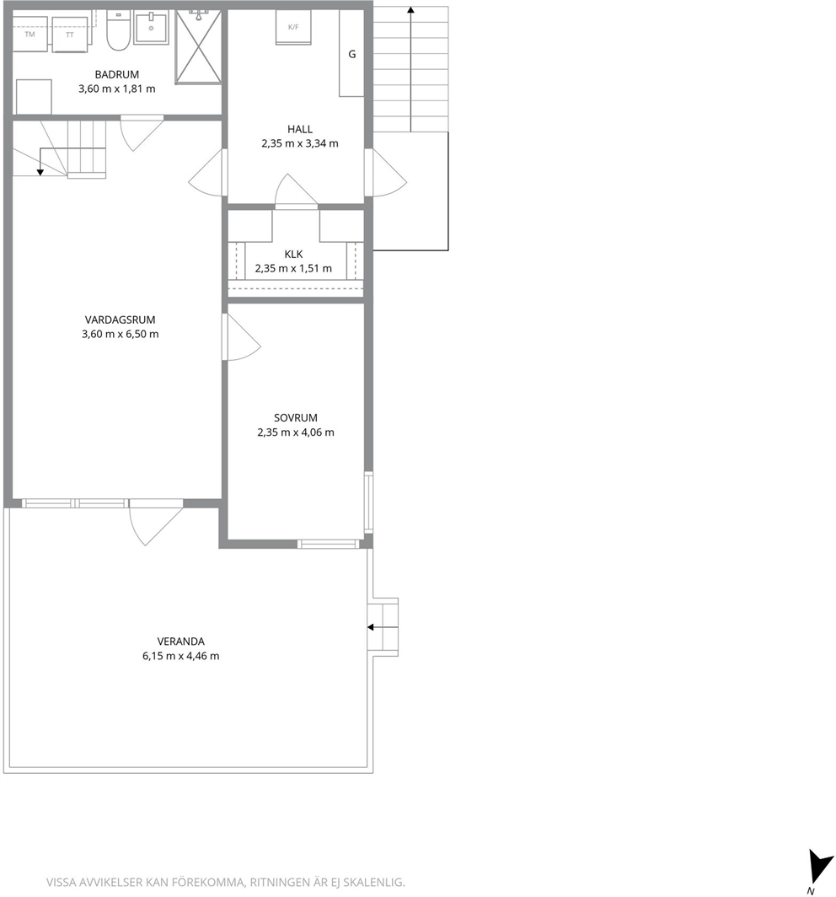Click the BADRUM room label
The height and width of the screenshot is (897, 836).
[116, 74]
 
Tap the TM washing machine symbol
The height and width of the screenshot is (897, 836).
[29, 34]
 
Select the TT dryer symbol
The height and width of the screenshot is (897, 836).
[70, 35]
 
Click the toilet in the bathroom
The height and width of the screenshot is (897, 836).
[118, 31]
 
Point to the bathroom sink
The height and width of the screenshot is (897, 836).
[151, 28]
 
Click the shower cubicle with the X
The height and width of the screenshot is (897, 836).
[198, 46]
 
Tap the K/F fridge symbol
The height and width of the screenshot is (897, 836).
[293, 27]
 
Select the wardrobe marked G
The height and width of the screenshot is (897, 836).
[351, 53]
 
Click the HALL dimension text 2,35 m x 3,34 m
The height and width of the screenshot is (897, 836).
[300, 143]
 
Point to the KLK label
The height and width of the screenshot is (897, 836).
[293, 254]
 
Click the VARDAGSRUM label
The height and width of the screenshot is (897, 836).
[120, 320]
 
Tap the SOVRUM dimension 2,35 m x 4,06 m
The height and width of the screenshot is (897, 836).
[296, 432]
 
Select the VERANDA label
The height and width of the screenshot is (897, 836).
[180, 642]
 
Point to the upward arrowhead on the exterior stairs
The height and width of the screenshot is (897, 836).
[410, 10]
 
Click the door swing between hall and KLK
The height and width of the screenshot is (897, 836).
[296, 190]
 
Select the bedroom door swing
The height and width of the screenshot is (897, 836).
[243, 337]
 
